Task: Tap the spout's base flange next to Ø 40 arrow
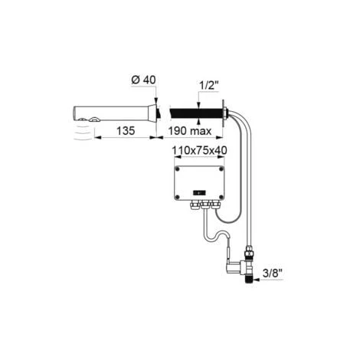click(x=158, y=112)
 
